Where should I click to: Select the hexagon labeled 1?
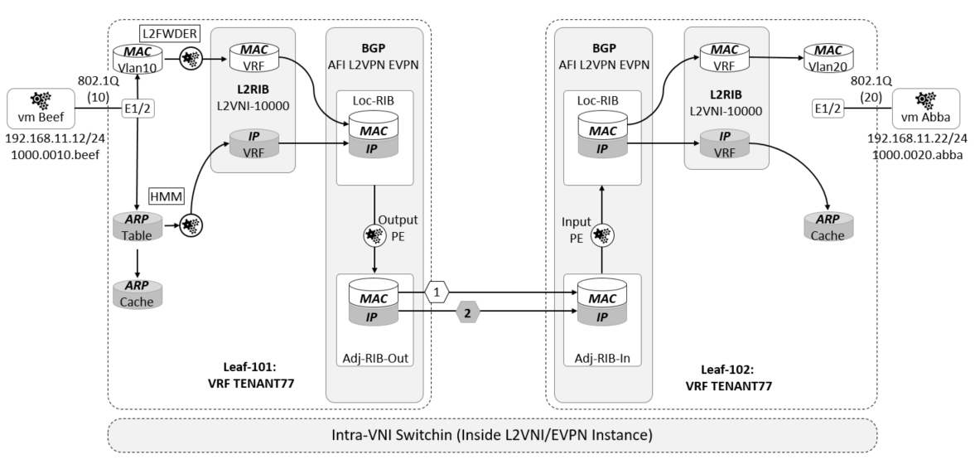[x=436, y=292]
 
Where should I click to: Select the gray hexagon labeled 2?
[x=468, y=315]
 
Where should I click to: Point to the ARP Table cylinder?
[x=137, y=225]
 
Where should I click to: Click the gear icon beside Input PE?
[x=602, y=234]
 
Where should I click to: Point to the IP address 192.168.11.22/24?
[x=917, y=140]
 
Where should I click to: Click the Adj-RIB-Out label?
[x=374, y=359]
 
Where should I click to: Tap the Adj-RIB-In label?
[x=602, y=359]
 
